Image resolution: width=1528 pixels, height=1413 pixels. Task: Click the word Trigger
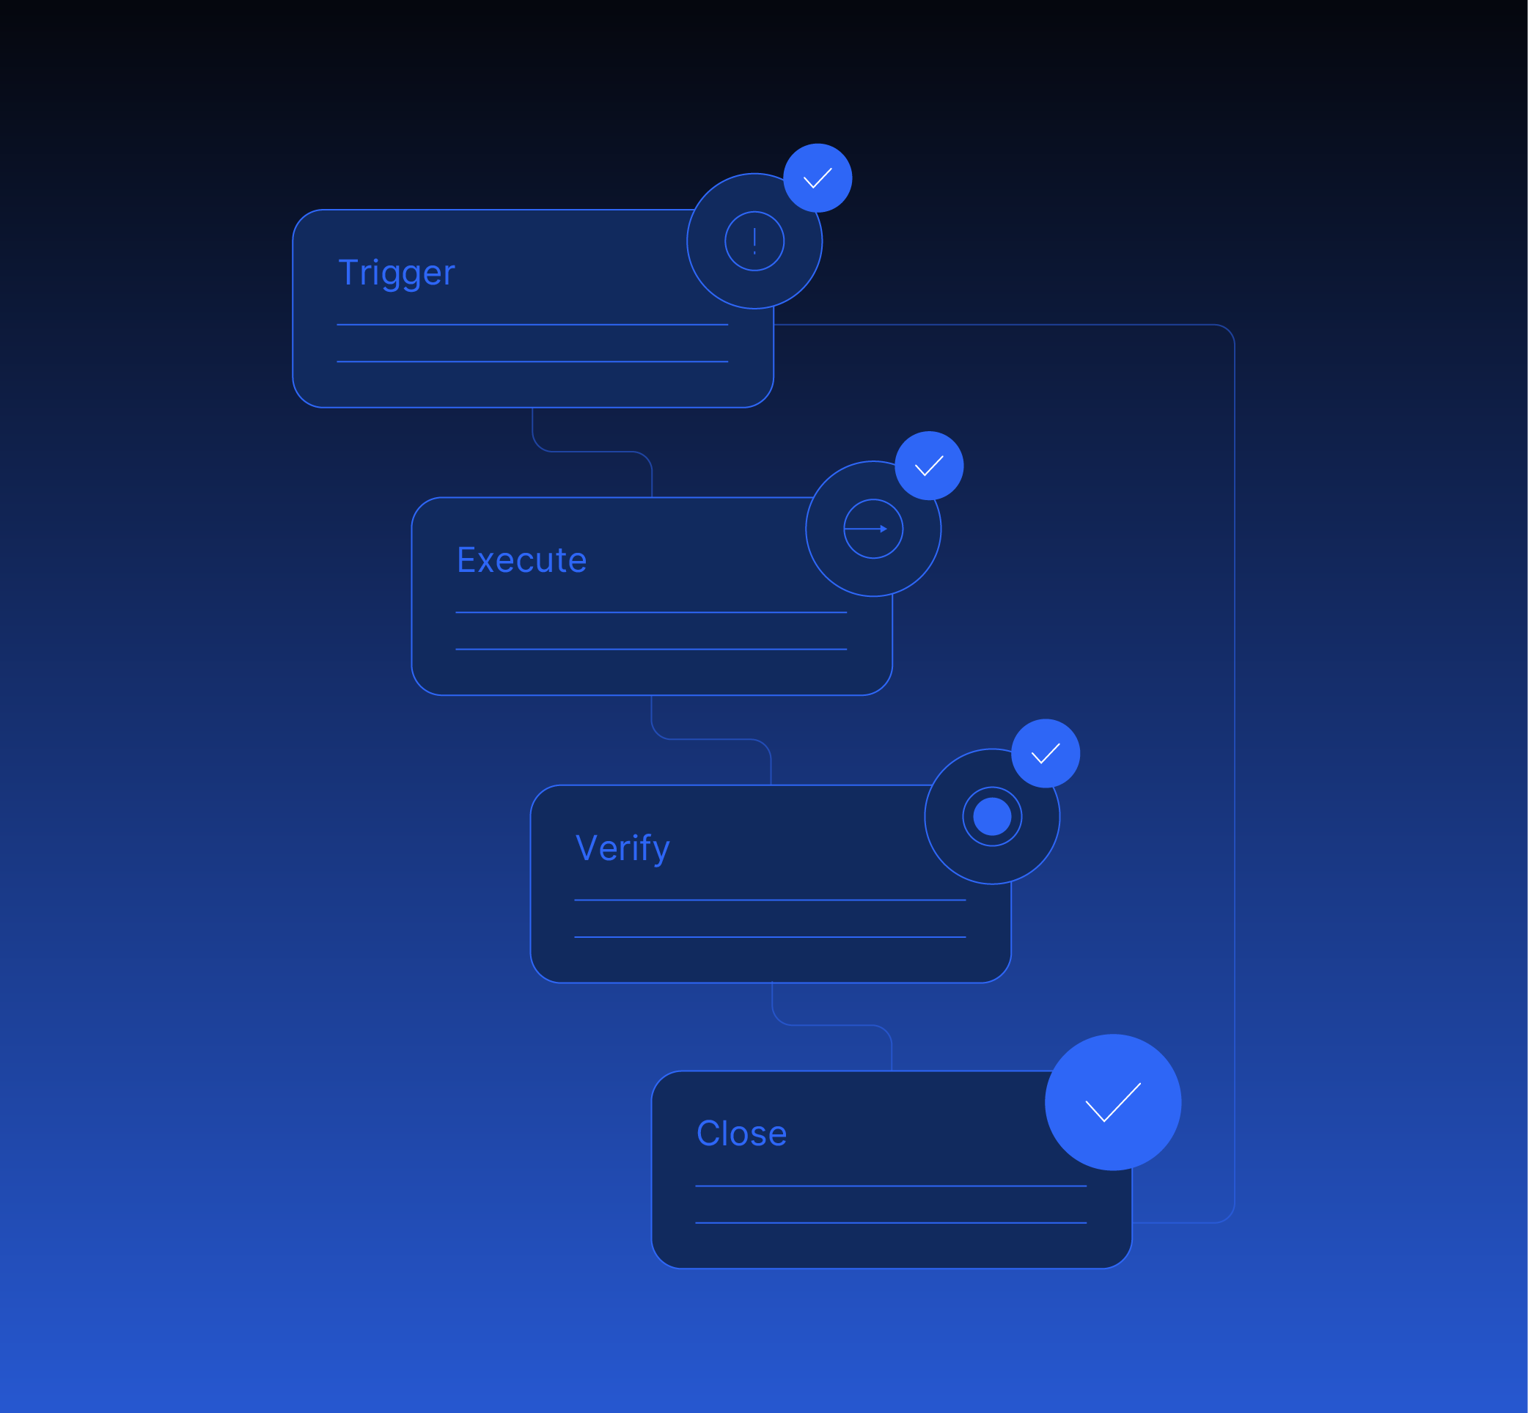coord(396,273)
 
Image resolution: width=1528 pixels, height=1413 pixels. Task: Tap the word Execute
coord(521,560)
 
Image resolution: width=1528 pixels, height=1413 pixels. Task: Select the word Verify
coord(622,848)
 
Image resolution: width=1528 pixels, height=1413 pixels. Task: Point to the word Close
coord(741,1133)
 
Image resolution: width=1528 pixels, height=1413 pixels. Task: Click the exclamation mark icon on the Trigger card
coord(754,241)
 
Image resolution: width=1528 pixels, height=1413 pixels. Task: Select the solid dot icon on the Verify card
coord(992,817)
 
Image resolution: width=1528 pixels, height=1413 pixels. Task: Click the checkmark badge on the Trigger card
coord(818,177)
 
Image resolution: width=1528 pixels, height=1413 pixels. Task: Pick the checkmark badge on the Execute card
coord(929,466)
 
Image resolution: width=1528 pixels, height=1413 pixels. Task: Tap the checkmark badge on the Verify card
coord(1046,753)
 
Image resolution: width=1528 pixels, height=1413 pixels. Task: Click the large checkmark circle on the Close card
coord(1113,1102)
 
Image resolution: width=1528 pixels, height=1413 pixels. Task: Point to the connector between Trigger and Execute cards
coord(592,451)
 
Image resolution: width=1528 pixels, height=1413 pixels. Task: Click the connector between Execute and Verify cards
coord(711,738)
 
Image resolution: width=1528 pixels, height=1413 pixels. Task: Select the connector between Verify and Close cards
coord(831,1024)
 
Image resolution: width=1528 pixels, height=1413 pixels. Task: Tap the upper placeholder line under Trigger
coord(532,325)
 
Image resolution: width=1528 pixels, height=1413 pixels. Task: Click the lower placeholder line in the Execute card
coord(651,649)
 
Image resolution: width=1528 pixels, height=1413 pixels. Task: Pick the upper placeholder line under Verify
coord(770,900)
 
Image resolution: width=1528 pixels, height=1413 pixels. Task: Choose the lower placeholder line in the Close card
coord(891,1222)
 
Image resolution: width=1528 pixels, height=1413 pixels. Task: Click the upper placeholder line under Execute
coord(651,612)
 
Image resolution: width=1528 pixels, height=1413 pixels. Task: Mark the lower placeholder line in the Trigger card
coord(532,361)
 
